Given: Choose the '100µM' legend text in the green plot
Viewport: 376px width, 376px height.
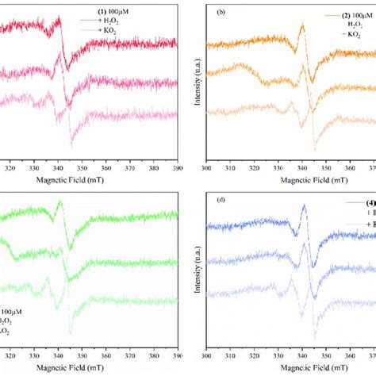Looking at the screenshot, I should [11, 311].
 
